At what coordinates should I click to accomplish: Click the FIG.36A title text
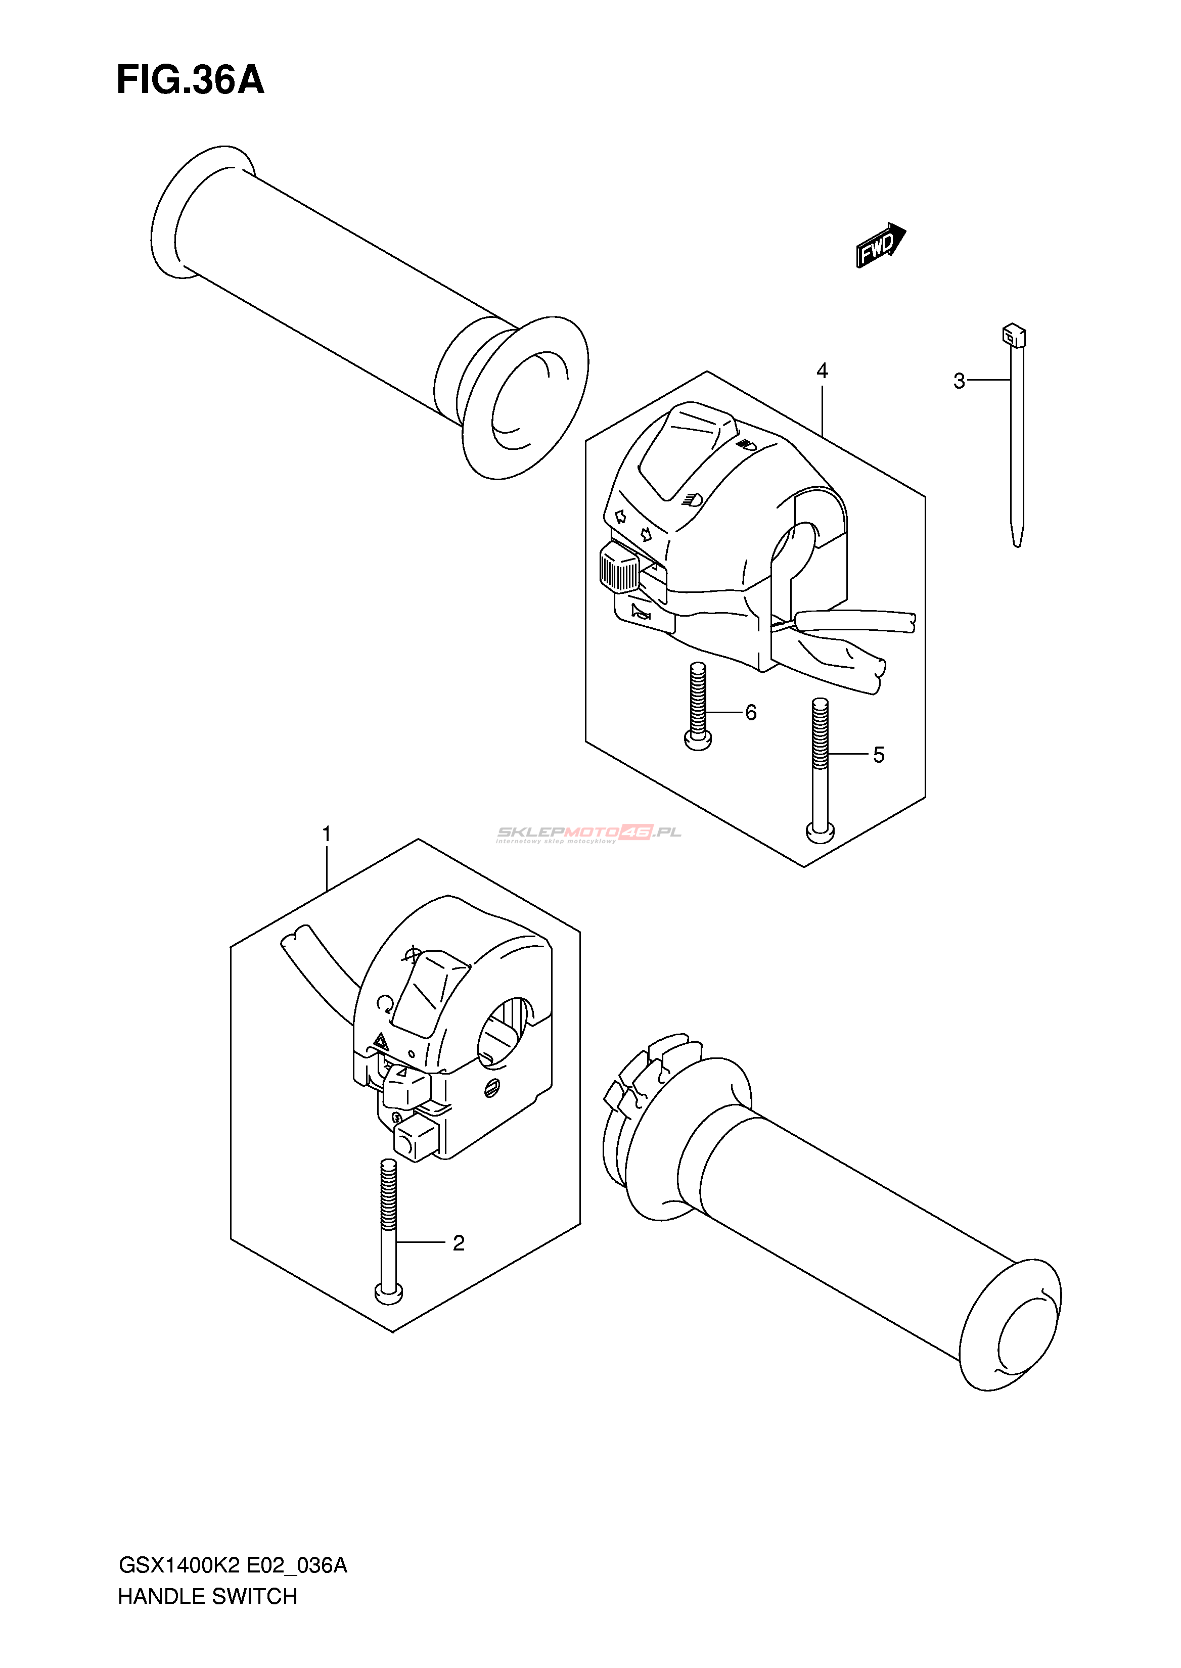point(191,79)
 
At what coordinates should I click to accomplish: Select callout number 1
point(327,833)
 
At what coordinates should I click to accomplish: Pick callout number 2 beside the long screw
point(458,1243)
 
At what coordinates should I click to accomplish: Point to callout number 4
point(822,371)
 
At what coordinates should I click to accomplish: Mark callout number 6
point(750,713)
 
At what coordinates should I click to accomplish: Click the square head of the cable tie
point(1014,335)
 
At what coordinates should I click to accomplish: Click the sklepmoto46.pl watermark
point(587,833)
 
